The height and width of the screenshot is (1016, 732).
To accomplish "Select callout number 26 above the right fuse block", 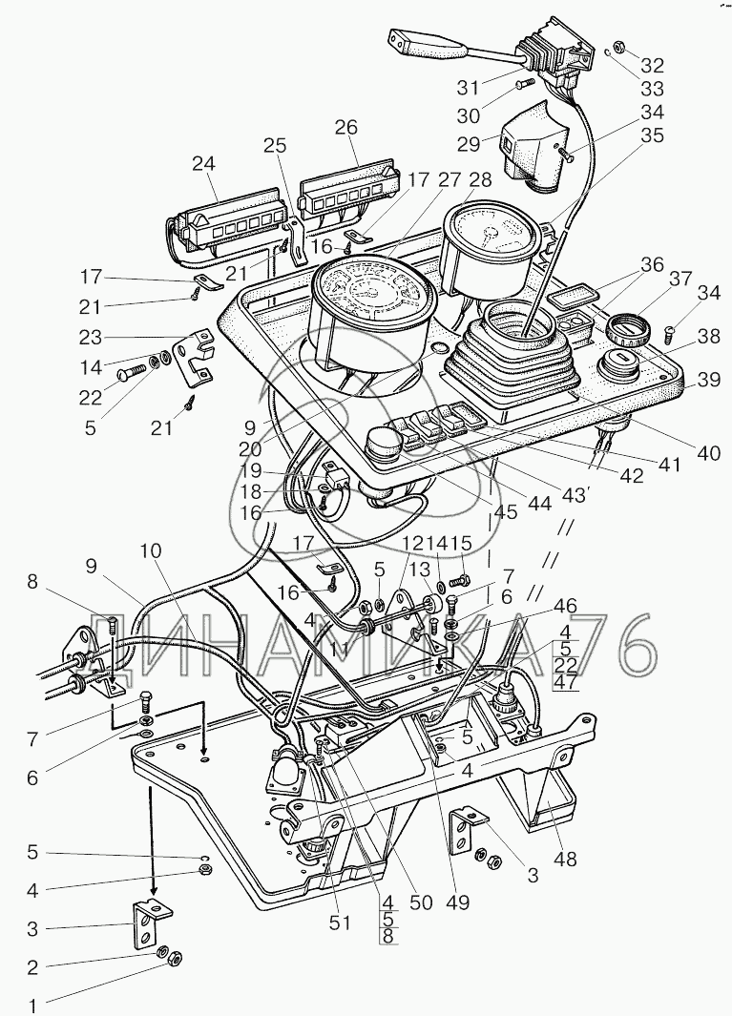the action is coord(346,128).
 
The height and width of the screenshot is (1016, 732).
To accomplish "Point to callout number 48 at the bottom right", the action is coord(566,859).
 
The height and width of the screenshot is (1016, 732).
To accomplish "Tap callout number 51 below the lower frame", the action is coord(341,923).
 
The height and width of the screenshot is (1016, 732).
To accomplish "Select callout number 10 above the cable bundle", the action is coord(152,551).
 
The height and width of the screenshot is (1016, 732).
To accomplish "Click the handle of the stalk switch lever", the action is coord(413,42).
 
